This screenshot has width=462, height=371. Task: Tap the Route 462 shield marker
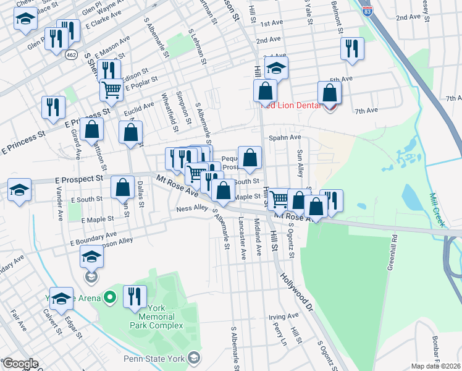(72, 55)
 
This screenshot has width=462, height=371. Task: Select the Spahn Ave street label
(284, 137)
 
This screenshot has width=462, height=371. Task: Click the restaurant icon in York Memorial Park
(135, 296)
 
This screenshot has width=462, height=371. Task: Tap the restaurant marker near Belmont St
(352, 48)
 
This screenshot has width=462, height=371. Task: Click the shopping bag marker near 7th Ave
(330, 93)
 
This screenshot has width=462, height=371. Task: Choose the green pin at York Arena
(111, 298)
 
